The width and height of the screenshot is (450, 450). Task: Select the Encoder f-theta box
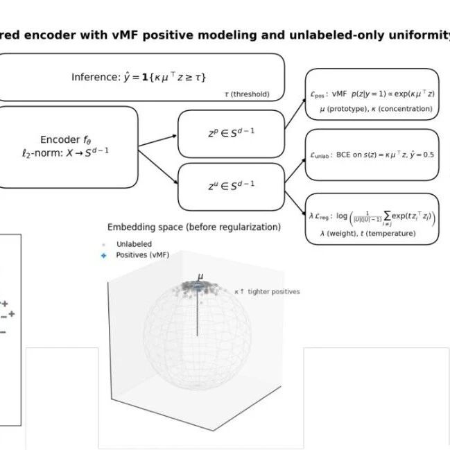[69, 147]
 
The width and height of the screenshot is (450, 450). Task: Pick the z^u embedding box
[231, 185]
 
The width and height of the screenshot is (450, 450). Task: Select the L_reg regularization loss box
[372, 218]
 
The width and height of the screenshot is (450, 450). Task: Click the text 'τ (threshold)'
[246, 95]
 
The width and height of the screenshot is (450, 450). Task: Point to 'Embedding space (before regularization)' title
[193, 227]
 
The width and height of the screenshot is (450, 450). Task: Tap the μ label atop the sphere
[200, 277]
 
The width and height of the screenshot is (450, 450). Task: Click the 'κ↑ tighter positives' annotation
[267, 292]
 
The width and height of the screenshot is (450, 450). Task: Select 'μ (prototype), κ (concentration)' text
[375, 109]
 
